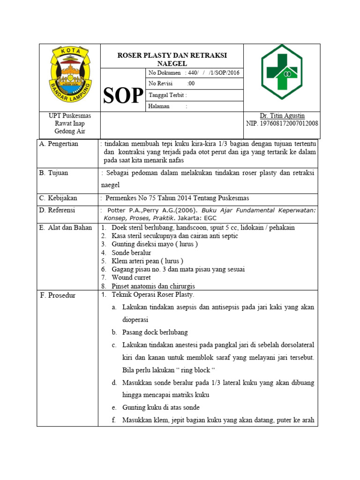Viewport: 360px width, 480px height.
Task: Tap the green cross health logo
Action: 282,71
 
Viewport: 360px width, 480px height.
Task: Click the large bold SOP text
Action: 123,95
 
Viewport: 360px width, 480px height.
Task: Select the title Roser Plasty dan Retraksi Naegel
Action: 172,59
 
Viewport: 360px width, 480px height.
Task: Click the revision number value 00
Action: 191,83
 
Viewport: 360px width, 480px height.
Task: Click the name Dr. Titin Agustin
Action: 282,116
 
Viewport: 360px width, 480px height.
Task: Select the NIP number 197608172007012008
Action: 282,124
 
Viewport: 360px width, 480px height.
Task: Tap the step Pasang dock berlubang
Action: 155,332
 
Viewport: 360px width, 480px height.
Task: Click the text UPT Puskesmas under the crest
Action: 70,116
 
